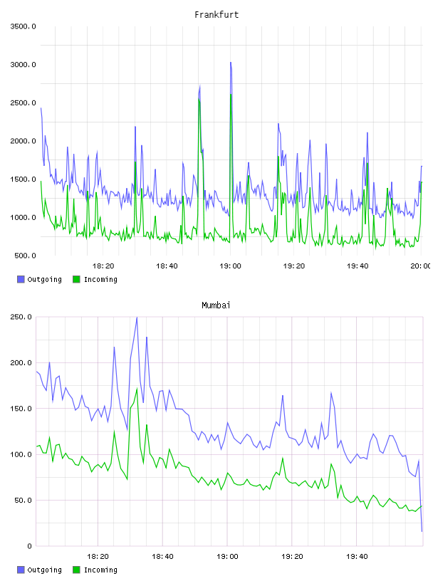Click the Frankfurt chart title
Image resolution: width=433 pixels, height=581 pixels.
(x=216, y=15)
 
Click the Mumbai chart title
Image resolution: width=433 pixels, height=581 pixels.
(x=216, y=305)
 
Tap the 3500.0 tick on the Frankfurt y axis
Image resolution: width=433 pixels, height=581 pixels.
(x=23, y=26)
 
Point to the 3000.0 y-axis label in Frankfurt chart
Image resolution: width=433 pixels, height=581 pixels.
(x=23, y=65)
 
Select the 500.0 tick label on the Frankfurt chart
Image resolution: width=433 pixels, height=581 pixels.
(x=25, y=256)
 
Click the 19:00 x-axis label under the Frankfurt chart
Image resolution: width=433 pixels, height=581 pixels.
(x=230, y=266)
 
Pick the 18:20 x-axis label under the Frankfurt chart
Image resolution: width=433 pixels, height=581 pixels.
(x=103, y=266)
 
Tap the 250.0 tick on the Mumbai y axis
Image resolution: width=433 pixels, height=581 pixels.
(x=21, y=317)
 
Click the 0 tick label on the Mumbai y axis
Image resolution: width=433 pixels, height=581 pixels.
(x=29, y=546)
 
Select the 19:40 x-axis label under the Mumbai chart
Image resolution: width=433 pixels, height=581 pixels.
(x=357, y=557)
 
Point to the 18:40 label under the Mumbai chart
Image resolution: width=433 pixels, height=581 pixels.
(x=162, y=557)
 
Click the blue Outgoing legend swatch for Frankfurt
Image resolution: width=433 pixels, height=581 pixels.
(x=21, y=279)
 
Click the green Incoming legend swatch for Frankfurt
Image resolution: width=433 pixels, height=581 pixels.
(x=76, y=279)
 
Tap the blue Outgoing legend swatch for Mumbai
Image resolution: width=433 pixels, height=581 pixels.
(x=21, y=570)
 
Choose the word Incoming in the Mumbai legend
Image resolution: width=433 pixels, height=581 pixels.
(x=100, y=570)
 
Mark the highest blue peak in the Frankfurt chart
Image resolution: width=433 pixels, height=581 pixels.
(x=231, y=63)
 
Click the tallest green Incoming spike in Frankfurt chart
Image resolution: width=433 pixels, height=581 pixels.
(x=231, y=95)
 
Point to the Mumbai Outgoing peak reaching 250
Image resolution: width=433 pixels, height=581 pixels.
(x=137, y=318)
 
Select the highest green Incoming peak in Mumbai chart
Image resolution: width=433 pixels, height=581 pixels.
(x=137, y=389)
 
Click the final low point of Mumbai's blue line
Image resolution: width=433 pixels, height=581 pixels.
(x=422, y=531)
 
